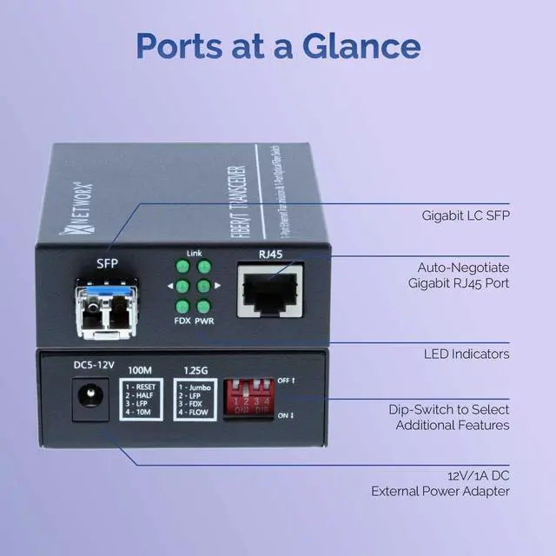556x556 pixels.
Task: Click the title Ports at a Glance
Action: click(277, 45)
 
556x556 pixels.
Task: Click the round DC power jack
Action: click(85, 398)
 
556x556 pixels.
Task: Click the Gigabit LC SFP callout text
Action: click(467, 213)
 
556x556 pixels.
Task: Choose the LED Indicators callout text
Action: click(467, 354)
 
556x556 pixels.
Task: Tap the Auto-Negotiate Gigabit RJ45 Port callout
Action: click(460, 275)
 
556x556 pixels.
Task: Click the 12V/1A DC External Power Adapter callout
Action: click(441, 483)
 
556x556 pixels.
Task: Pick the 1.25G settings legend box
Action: click(195, 399)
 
